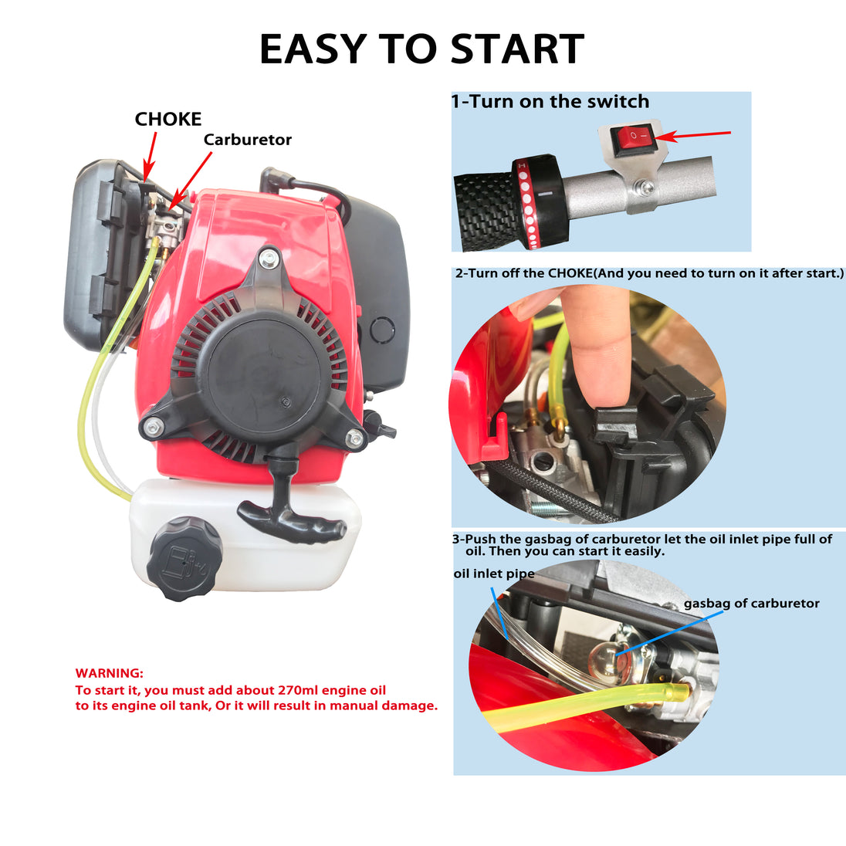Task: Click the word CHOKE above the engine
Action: pos(168,119)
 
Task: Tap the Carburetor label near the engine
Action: pos(248,140)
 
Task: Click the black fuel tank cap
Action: pos(185,558)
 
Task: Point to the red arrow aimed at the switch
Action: pos(692,135)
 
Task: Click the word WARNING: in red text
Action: pos(110,673)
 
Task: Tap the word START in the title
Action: pos(516,49)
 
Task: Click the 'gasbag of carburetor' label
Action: pos(752,604)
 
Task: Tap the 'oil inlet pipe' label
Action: pos(494,574)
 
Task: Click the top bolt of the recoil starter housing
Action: pos(268,259)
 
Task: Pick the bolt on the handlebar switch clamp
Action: pos(644,188)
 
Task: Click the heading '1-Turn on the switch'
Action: pos(550,101)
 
